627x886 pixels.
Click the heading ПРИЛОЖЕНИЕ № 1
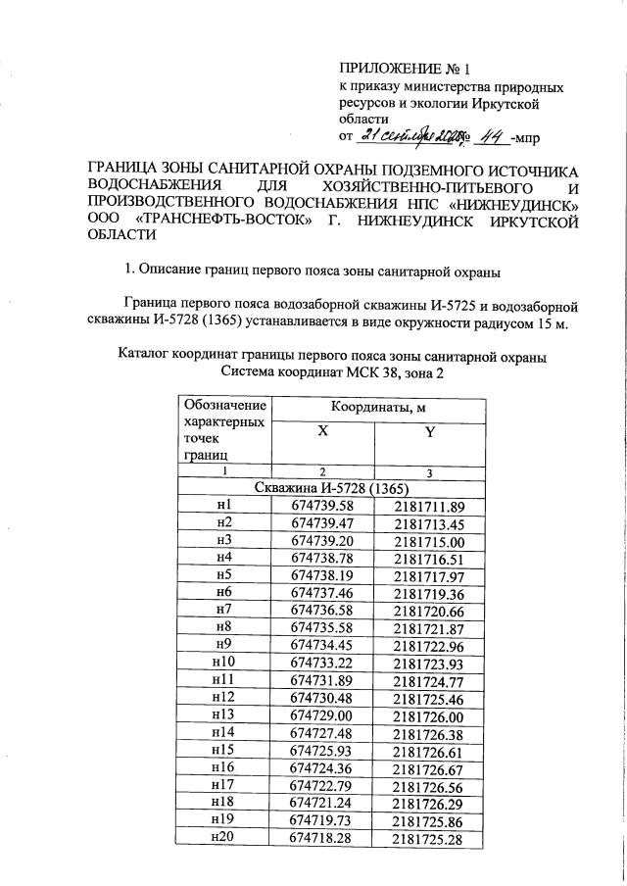(405, 70)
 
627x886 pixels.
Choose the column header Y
(428, 441)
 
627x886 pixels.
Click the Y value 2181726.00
(428, 716)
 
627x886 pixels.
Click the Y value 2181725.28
(428, 839)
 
